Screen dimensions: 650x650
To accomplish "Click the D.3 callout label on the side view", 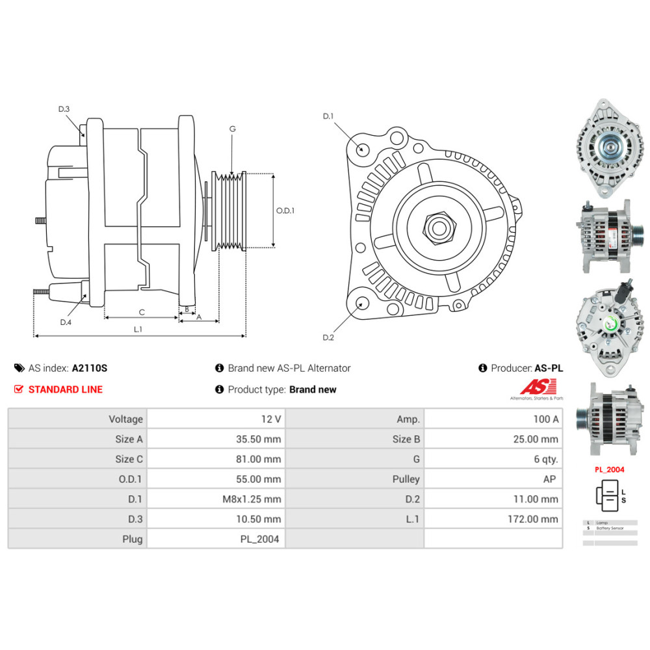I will [x=64, y=109].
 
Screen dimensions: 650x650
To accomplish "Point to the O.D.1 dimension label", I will [x=285, y=211].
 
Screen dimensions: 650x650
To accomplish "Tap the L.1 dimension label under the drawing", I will [x=138, y=330].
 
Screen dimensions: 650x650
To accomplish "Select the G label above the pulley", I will [x=232, y=129].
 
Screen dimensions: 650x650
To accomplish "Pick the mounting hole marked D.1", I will [x=363, y=149].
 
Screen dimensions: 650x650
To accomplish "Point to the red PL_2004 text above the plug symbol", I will [x=609, y=469].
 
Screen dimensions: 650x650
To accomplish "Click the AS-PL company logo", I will [x=536, y=388].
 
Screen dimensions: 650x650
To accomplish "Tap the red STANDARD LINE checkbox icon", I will [x=18, y=389].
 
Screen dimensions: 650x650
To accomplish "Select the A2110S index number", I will [x=90, y=368].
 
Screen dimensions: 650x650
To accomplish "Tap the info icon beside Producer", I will [x=482, y=368].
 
